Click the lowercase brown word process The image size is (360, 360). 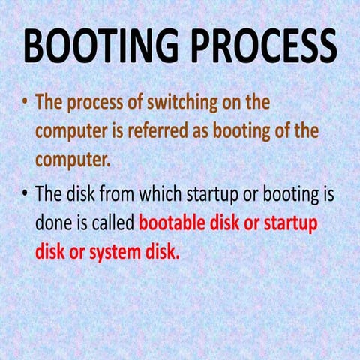(x=101, y=102)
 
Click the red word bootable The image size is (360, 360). (x=175, y=223)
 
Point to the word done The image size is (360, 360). (x=54, y=223)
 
